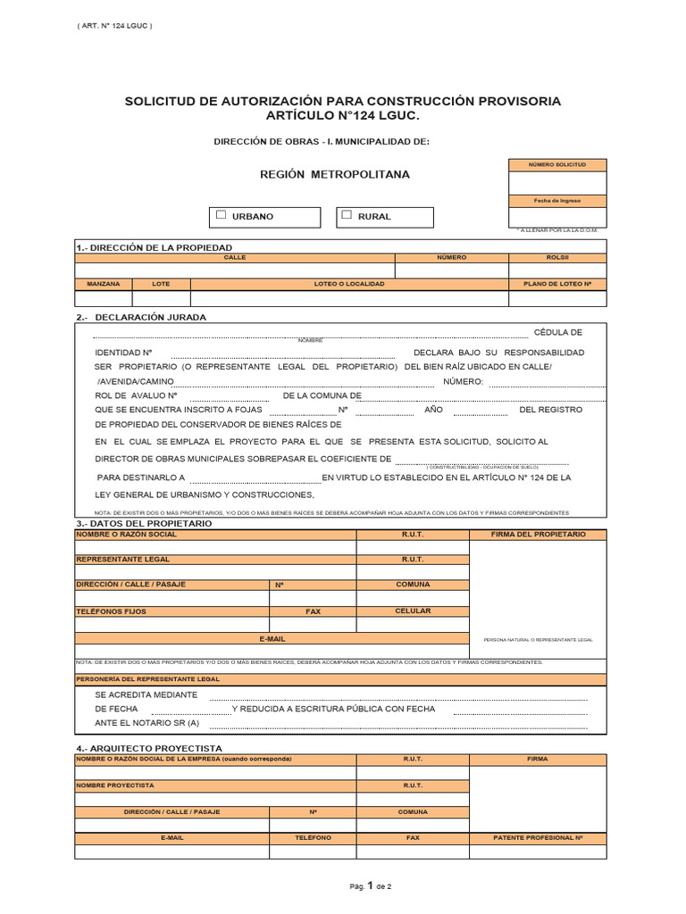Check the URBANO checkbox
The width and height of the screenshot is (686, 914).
point(222,215)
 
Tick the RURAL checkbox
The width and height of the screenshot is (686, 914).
point(347,215)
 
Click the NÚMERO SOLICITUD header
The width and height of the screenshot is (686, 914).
point(557,165)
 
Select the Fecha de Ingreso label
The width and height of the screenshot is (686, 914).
point(557,201)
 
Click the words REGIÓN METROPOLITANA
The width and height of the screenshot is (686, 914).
point(335,174)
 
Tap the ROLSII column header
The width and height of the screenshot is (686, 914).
point(557,257)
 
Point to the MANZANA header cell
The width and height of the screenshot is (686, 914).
point(104,284)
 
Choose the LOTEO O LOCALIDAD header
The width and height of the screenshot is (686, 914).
point(349,284)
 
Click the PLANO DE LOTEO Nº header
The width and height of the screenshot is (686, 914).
point(557,284)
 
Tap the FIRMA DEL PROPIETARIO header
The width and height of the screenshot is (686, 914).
point(539,534)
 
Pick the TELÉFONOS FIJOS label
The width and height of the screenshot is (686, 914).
point(111,611)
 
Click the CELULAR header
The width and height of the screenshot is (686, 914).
point(413,611)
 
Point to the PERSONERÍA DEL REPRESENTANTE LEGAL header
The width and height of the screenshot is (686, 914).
point(147,679)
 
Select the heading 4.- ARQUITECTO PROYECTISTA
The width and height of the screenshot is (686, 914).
point(149,748)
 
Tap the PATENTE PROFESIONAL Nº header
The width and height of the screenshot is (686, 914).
point(538,838)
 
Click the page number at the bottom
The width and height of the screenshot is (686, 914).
point(370,886)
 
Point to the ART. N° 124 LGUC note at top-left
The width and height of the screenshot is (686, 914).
point(115,25)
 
